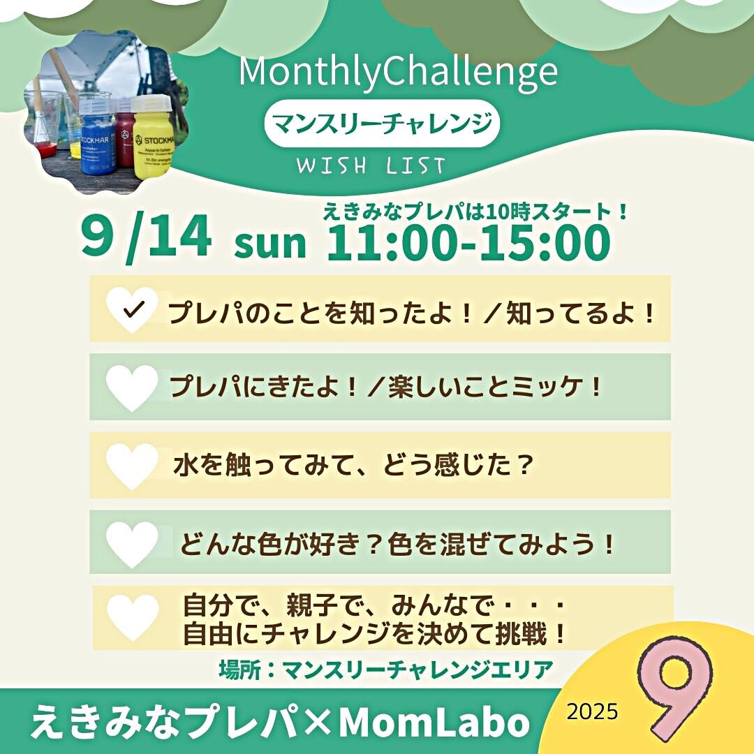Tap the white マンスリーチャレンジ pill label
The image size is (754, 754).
[x=383, y=124]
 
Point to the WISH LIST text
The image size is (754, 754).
[x=371, y=166]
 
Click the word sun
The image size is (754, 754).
[x=269, y=244]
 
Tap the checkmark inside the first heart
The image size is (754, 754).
[x=133, y=310]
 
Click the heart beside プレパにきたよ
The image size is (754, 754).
[x=132, y=387]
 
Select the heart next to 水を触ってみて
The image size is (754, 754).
[x=132, y=466]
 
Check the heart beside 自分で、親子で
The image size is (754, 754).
[x=133, y=617]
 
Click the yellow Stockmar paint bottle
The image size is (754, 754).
[x=152, y=135]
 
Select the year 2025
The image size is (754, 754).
[x=593, y=711]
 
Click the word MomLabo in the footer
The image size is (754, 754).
[x=434, y=722]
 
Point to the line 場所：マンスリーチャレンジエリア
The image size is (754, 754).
[x=386, y=670]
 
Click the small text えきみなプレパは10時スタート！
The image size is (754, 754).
[x=475, y=212]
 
